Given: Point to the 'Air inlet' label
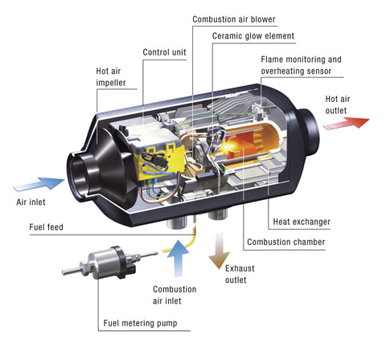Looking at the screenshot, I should (x=31, y=202).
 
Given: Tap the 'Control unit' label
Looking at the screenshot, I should (x=166, y=52).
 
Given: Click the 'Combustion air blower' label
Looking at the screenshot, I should (x=235, y=17).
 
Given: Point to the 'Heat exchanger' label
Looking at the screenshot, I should (x=302, y=221).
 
